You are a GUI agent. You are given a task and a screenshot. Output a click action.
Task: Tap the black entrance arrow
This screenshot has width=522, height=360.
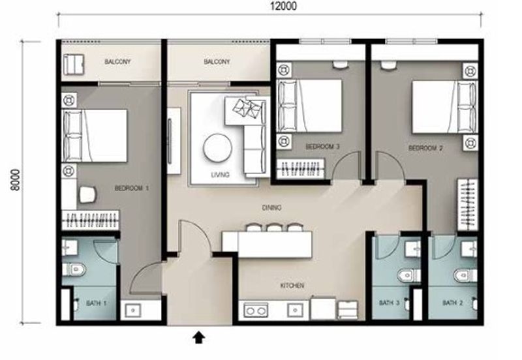(x=199, y=337)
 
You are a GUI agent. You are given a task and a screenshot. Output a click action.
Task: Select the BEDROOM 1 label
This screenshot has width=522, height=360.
(x=132, y=188)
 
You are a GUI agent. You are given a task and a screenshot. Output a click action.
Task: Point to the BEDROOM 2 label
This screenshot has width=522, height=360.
(x=425, y=149)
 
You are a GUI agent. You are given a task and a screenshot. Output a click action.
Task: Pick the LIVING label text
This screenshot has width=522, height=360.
(x=220, y=175)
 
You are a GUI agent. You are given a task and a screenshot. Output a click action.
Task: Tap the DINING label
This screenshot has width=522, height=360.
(x=271, y=209)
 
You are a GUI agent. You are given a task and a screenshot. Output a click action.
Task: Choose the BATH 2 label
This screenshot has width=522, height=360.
(x=452, y=303)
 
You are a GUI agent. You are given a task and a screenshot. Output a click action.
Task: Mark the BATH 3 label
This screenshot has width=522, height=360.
(x=390, y=303)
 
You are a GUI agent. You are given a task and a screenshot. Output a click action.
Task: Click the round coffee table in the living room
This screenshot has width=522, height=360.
(x=217, y=148)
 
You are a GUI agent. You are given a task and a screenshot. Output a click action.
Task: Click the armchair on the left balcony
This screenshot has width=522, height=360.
(x=73, y=64)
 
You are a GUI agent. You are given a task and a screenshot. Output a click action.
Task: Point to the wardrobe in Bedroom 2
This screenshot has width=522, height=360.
(x=467, y=203)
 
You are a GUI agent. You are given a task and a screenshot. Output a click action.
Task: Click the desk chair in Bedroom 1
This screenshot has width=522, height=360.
(x=87, y=195)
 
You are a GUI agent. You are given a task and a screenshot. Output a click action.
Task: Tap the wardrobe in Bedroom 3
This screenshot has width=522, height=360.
(x=301, y=170)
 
